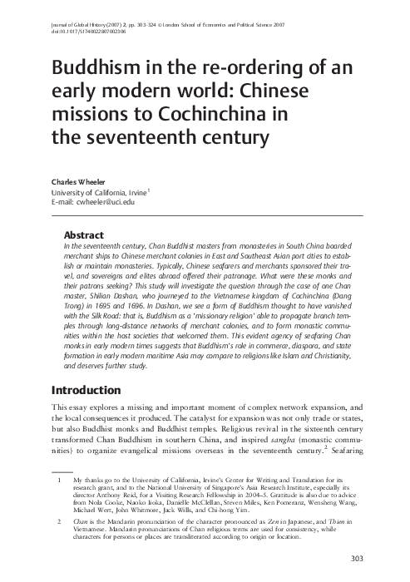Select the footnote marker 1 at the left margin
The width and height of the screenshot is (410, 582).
59,481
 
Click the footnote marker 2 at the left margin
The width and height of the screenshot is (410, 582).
59,520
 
